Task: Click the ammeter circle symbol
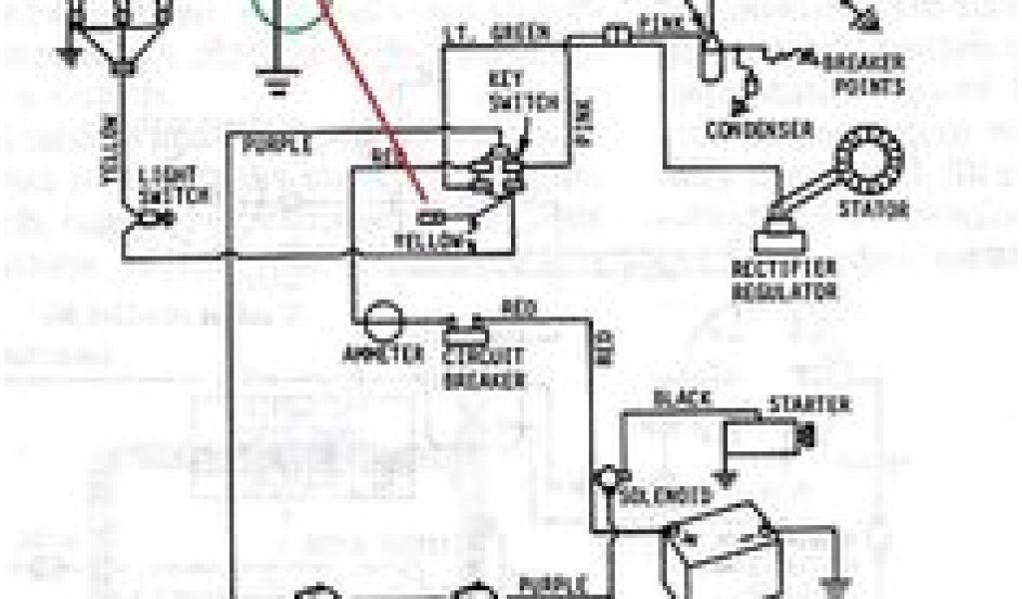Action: [381, 321]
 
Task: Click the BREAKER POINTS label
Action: [864, 75]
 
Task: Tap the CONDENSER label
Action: [759, 131]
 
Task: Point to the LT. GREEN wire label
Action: [509, 33]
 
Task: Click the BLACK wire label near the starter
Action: [682, 399]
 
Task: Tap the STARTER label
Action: [808, 405]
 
